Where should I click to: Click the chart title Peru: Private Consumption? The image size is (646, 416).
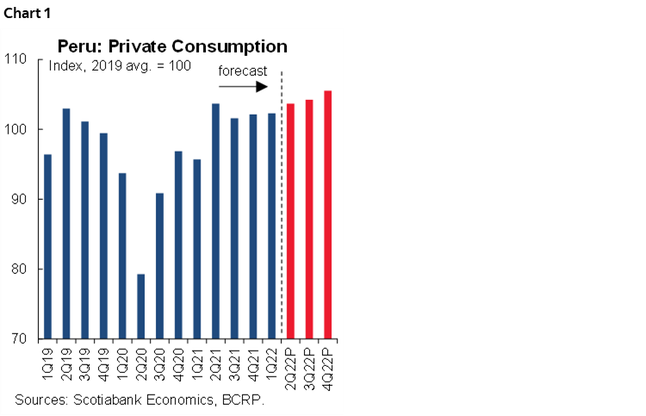[x=172, y=47]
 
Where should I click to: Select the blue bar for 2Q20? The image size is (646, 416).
[x=140, y=306]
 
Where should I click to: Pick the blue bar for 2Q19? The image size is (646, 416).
[x=66, y=223]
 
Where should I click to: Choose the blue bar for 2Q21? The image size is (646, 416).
[x=215, y=220]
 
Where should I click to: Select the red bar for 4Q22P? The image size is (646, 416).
[x=327, y=214]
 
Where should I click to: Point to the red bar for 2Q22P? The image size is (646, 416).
[x=290, y=220]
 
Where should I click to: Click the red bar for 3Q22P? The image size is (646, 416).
[x=309, y=219]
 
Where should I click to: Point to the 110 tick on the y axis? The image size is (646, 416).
[x=22, y=59]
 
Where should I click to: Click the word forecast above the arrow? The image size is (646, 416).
[x=242, y=71]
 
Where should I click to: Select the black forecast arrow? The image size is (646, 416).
[x=245, y=87]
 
